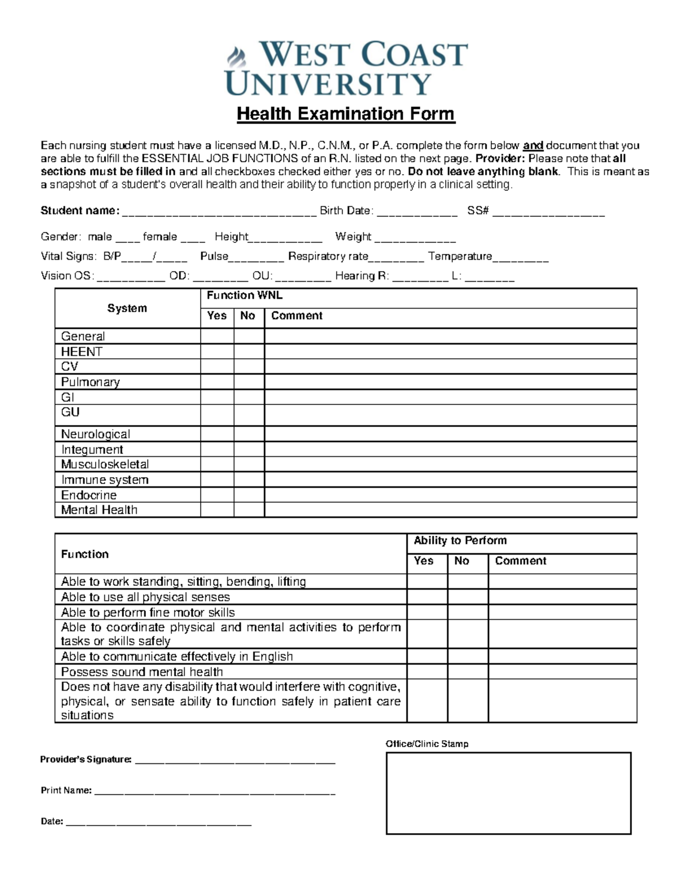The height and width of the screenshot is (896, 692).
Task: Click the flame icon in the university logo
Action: [x=236, y=58]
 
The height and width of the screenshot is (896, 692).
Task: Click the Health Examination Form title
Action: [x=345, y=114]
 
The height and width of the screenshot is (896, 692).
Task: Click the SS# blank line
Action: [x=548, y=211]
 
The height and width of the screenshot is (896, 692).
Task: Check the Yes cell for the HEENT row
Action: [x=217, y=351]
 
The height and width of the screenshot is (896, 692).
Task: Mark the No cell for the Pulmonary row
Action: [x=249, y=382]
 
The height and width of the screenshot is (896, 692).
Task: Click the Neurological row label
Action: [x=96, y=434]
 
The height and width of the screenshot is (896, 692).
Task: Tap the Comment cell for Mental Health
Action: [x=450, y=510]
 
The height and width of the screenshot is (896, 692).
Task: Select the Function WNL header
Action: [x=245, y=295]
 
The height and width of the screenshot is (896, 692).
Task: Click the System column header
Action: [x=127, y=308]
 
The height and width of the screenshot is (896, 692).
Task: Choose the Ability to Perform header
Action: [x=460, y=541]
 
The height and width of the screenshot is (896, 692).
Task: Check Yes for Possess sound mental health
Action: [x=427, y=672]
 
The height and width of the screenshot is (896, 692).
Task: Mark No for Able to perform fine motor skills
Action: [x=468, y=612]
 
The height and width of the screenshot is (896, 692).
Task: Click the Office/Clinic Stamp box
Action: [x=508, y=793]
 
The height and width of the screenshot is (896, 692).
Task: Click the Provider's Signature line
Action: [x=235, y=760]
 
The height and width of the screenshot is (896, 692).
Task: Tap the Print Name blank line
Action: [x=214, y=791]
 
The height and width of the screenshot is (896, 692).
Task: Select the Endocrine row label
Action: [x=89, y=495]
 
